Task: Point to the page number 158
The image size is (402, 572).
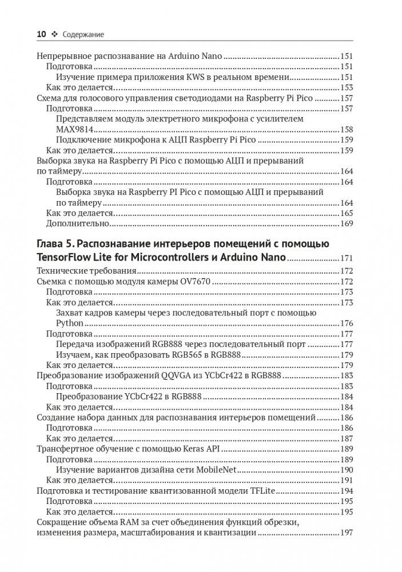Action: (x=347, y=129)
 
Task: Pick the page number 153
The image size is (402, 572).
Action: (x=347, y=88)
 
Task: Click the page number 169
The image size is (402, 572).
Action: (x=347, y=223)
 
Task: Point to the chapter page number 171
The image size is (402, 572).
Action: (x=347, y=259)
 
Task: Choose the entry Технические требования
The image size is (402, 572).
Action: (x=86, y=271)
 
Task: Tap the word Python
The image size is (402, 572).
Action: (x=69, y=323)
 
